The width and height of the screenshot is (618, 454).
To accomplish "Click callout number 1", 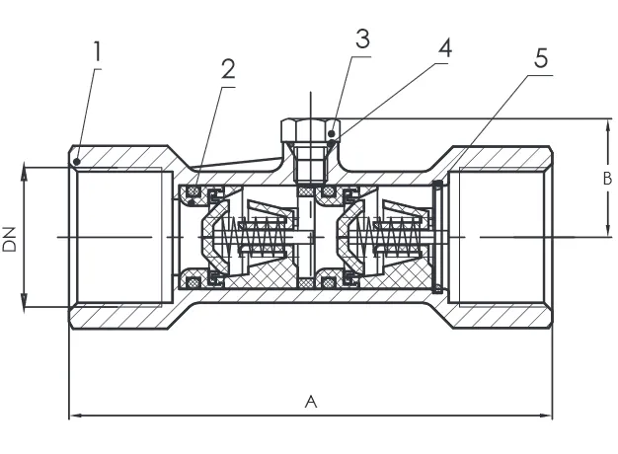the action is (x=97, y=51).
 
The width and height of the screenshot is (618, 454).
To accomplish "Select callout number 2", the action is (x=228, y=69).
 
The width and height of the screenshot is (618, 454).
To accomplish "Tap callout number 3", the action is (x=363, y=38).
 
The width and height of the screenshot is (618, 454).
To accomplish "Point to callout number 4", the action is (x=445, y=48).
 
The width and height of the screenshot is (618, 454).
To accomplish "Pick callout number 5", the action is (x=541, y=58).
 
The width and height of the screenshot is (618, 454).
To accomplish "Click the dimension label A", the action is (x=311, y=402).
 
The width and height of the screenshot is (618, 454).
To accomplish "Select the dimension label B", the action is (x=607, y=178).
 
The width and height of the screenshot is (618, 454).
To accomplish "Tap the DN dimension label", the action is (x=10, y=239).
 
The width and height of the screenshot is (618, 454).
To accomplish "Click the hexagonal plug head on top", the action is (x=310, y=131).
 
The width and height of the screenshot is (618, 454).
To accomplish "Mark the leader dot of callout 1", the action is (x=77, y=161).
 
